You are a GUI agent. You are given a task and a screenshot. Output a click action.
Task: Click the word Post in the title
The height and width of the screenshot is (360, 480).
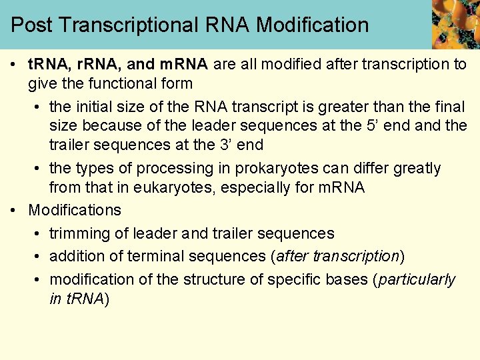[x=33, y=25]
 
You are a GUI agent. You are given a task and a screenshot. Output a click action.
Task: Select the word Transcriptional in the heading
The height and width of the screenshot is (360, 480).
[x=129, y=25]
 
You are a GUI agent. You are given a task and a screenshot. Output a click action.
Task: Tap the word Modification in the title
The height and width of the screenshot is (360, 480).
[x=312, y=25]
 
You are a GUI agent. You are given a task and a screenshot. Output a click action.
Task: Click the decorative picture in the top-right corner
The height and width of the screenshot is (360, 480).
[x=455, y=24]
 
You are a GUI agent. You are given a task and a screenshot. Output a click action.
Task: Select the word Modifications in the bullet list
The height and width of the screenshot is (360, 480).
[x=75, y=210]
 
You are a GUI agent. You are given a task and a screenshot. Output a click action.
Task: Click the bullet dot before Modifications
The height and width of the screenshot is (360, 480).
[x=15, y=210]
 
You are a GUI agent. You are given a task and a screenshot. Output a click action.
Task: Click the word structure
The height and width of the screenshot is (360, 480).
[x=189, y=279]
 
